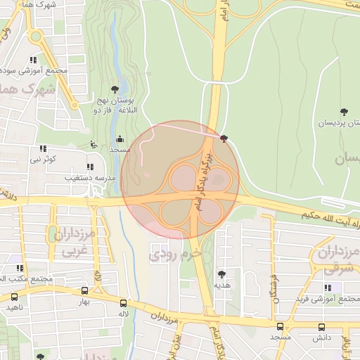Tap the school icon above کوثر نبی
pyautogui.click(x=43, y=149)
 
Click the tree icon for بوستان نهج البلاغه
pyautogui.click(x=115, y=89)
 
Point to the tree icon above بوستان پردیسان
pyautogui.click(x=344, y=112)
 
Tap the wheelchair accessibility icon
pyautogui.click(x=95, y=145)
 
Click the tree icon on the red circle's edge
pyautogui.click(x=224, y=139)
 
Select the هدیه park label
pyautogui.click(x=222, y=285)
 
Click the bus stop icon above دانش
pyautogui.click(x=322, y=327)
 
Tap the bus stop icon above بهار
pyautogui.click(x=84, y=290)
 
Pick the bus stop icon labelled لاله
pyautogui.click(x=124, y=303)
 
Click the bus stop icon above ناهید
pyautogui.click(x=14, y=296)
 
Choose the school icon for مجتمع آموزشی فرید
pyautogui.click(x=328, y=288)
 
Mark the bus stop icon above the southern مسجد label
pyautogui.click(x=280, y=327)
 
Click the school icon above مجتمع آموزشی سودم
pyautogui.click(x=33, y=60)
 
